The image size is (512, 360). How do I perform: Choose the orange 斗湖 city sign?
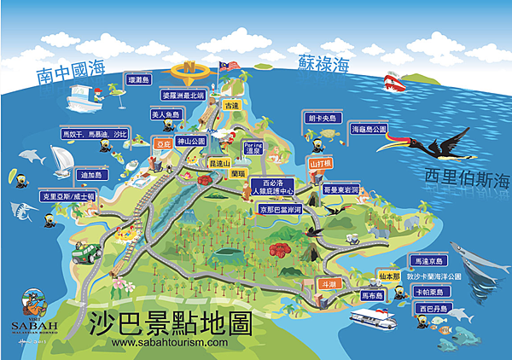coord(328,283)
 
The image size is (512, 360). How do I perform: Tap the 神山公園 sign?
coord(191,140)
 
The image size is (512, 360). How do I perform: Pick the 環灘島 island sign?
coord(138,79)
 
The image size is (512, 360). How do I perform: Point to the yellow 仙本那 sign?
coord(389,277)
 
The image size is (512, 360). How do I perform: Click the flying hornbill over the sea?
coord(435,154)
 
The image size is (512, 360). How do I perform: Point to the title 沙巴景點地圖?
coord(172,323)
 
